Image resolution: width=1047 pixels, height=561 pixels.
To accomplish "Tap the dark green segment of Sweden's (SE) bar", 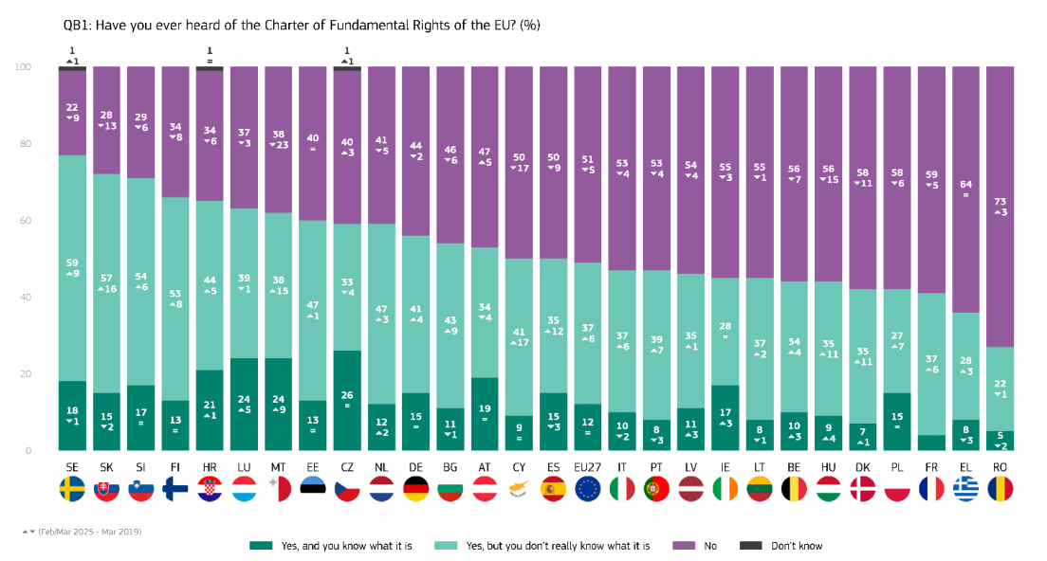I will coord(73,415).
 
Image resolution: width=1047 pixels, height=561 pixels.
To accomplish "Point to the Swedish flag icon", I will coord(73,489).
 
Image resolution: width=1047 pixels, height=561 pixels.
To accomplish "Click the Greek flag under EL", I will coord(965,489).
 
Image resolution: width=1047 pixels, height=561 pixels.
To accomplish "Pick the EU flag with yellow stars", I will coord(588,489).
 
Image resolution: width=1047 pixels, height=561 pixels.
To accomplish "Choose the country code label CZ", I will coord(347,466).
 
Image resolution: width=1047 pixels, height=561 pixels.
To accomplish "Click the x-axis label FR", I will coord(931,466).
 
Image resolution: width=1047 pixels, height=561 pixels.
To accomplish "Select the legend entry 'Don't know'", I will coord(796,546).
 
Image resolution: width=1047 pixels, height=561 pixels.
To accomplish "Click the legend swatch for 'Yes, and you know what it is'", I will coord(261,546).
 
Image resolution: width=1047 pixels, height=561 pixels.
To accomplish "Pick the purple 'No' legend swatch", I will coord(686,546).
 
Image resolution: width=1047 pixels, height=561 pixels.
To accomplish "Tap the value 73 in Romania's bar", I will coord(1000,201).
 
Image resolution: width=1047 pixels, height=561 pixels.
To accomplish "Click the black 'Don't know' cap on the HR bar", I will coord(210,68).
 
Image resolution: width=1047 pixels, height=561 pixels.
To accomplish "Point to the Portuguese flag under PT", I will coord(656,489).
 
